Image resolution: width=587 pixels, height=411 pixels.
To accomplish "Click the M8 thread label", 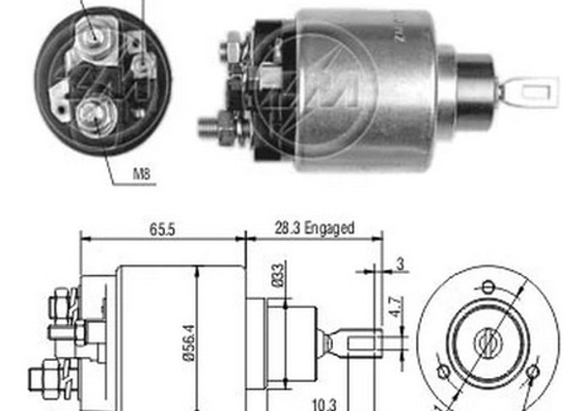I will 141,176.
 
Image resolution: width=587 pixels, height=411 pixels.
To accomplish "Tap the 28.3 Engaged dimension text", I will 315,229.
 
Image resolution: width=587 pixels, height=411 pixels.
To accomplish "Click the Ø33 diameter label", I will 276,277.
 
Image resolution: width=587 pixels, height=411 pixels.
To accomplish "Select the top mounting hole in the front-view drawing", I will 489,287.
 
